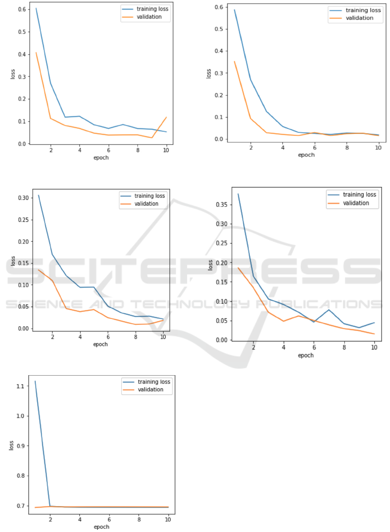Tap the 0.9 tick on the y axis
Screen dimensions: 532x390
tap(20, 446)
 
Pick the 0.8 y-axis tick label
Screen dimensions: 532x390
tap(20, 476)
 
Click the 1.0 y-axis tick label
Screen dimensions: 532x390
tap(20, 416)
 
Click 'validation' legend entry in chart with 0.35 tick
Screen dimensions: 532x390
tap(355, 203)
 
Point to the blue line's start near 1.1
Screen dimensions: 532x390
tap(35, 381)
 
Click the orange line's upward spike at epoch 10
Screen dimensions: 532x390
tap(166, 117)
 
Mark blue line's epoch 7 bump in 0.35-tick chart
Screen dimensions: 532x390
tap(329, 310)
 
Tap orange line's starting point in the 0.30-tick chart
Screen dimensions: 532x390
tap(39, 270)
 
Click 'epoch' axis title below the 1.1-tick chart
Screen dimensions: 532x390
tap(102, 527)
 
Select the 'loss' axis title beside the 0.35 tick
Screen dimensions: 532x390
tap(211, 265)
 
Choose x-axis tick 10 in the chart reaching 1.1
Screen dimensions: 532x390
tap(168, 519)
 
